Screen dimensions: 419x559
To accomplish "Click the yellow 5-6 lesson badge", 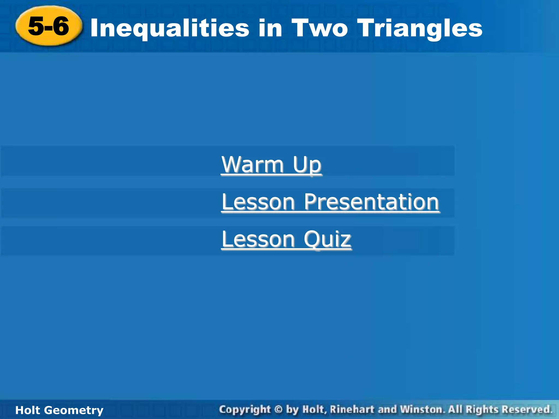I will (49, 26).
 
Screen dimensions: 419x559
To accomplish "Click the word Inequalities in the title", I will (170, 29).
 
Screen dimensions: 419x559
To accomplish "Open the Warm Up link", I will (271, 164).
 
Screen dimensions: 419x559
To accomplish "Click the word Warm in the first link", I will (252, 164).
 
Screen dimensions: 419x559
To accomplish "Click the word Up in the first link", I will (307, 165).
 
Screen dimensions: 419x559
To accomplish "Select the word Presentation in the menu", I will (371, 202).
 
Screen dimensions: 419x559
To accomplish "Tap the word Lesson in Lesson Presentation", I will (258, 202).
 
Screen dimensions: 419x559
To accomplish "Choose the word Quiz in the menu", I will (327, 239).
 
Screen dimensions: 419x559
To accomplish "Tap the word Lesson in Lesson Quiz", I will (258, 239).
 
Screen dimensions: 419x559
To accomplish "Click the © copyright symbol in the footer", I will (278, 409).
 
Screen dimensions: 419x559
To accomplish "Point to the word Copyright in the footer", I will (245, 410).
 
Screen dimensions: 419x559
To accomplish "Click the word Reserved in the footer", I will (526, 409).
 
